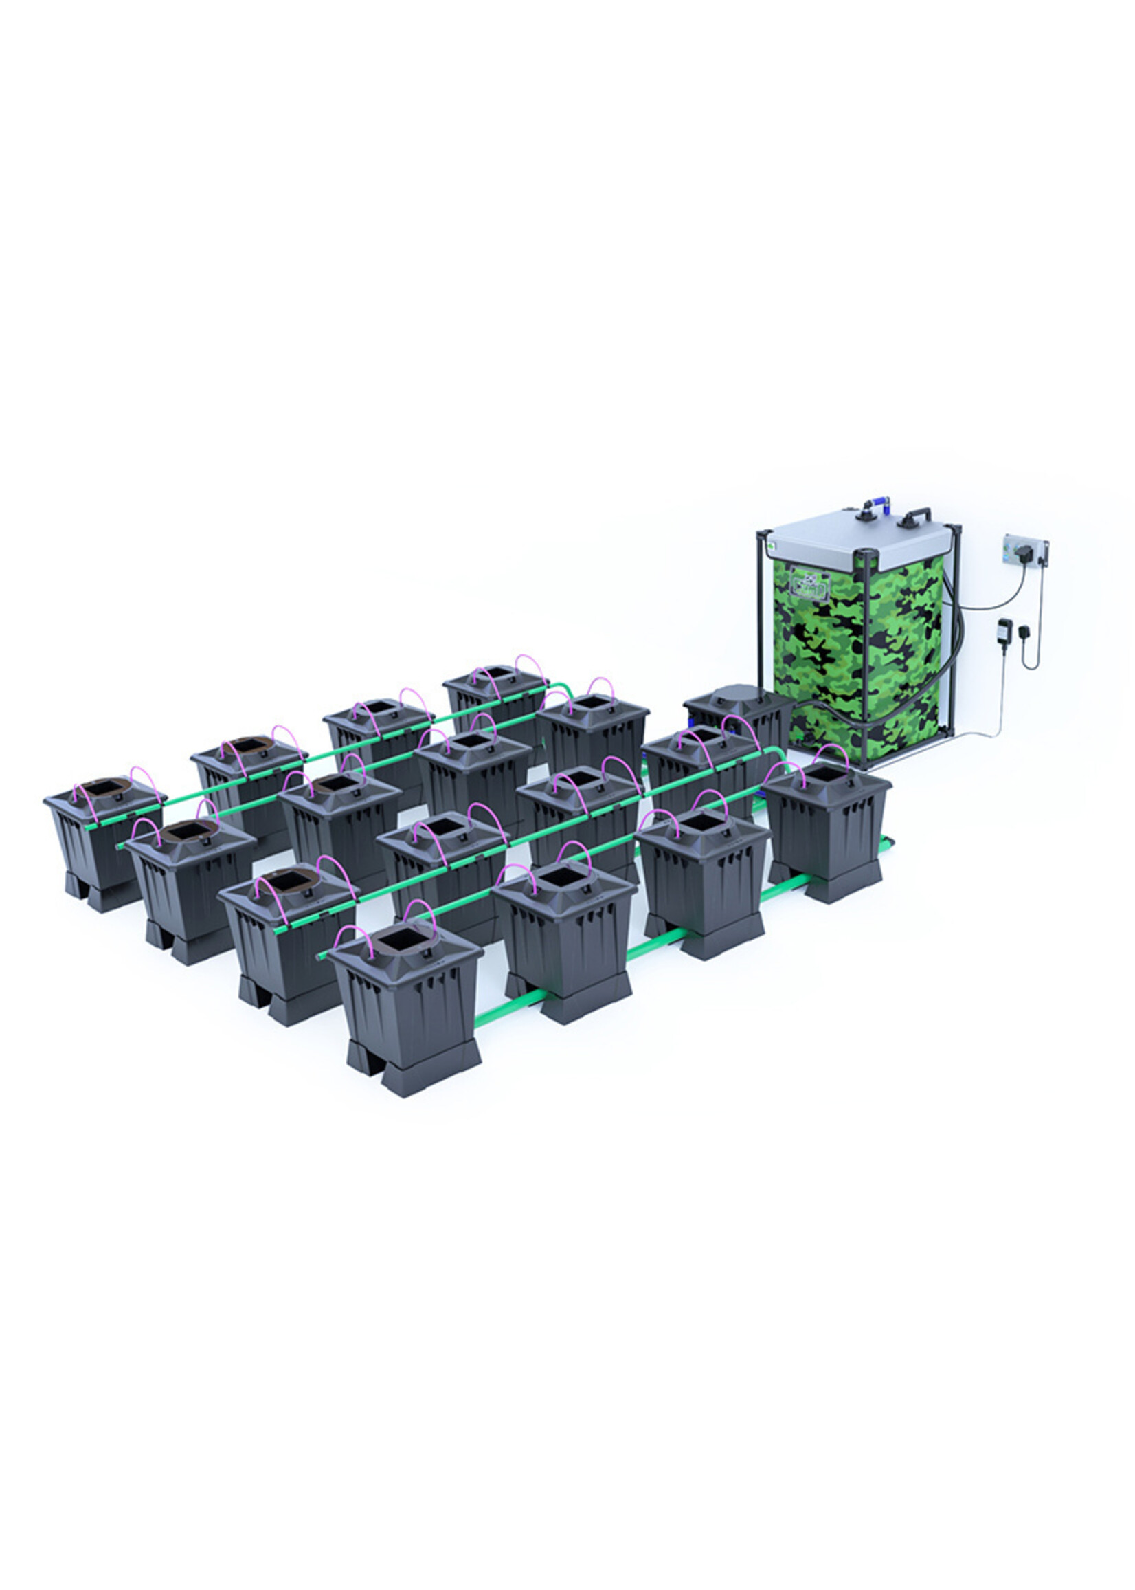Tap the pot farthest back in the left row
[x=495, y=691]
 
